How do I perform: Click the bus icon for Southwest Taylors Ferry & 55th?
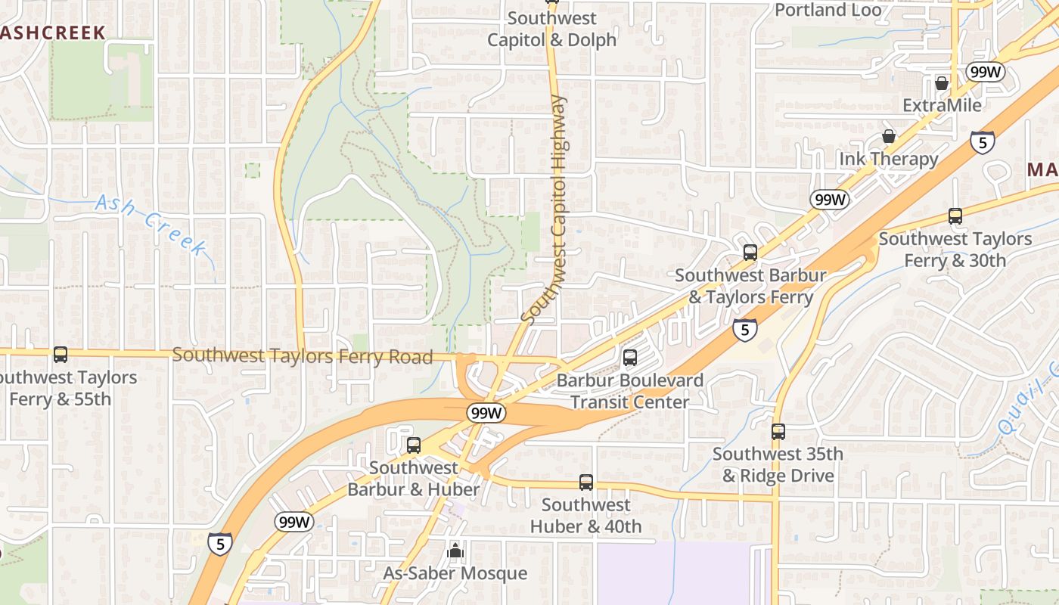tap(61, 354)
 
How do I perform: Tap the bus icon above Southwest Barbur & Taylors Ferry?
tap(750, 253)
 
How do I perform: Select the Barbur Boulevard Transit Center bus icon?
tap(629, 358)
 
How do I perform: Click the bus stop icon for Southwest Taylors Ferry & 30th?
tap(955, 216)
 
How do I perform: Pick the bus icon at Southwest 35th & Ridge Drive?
tap(778, 432)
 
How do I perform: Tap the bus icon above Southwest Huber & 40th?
tap(585, 482)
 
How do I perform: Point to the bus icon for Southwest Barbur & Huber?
tap(413, 445)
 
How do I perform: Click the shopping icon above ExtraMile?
tap(942, 82)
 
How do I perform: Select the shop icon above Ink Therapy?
tap(889, 136)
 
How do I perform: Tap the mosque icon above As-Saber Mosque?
tap(455, 551)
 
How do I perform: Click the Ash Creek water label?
tap(151, 224)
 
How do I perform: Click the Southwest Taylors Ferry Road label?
tap(303, 355)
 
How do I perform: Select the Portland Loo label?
tap(828, 10)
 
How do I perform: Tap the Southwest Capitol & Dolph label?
tap(551, 29)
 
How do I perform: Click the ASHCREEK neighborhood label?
tap(51, 32)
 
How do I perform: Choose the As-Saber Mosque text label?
tap(455, 573)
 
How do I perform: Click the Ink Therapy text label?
tap(888, 159)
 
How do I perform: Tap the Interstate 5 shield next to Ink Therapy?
tap(982, 141)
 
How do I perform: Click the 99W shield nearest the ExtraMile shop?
tap(985, 72)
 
